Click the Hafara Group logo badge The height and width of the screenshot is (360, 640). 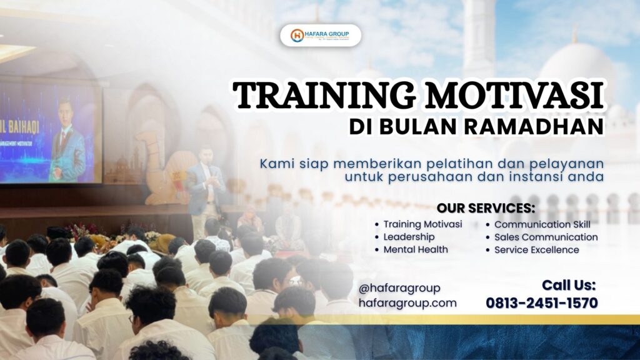(320, 36)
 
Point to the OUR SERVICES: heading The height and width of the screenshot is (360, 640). (486, 208)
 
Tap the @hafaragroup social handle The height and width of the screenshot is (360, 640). (399, 288)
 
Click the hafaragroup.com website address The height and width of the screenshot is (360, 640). (407, 303)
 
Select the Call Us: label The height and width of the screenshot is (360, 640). (569, 286)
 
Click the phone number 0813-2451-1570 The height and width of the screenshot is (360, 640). (542, 303)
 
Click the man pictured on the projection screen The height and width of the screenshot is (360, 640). (67, 141)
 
